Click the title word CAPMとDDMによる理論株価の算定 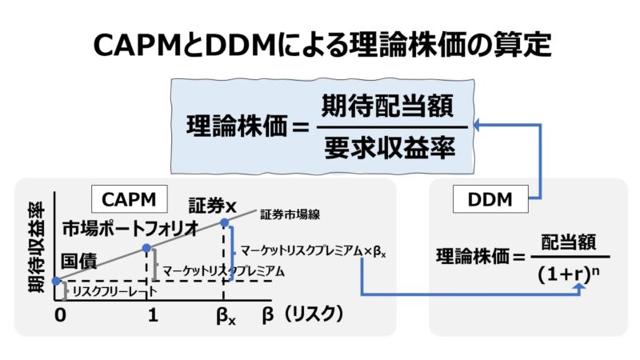320,45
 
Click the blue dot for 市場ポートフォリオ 146,248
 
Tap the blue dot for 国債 54,281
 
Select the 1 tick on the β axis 152,315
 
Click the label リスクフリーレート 111,292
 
